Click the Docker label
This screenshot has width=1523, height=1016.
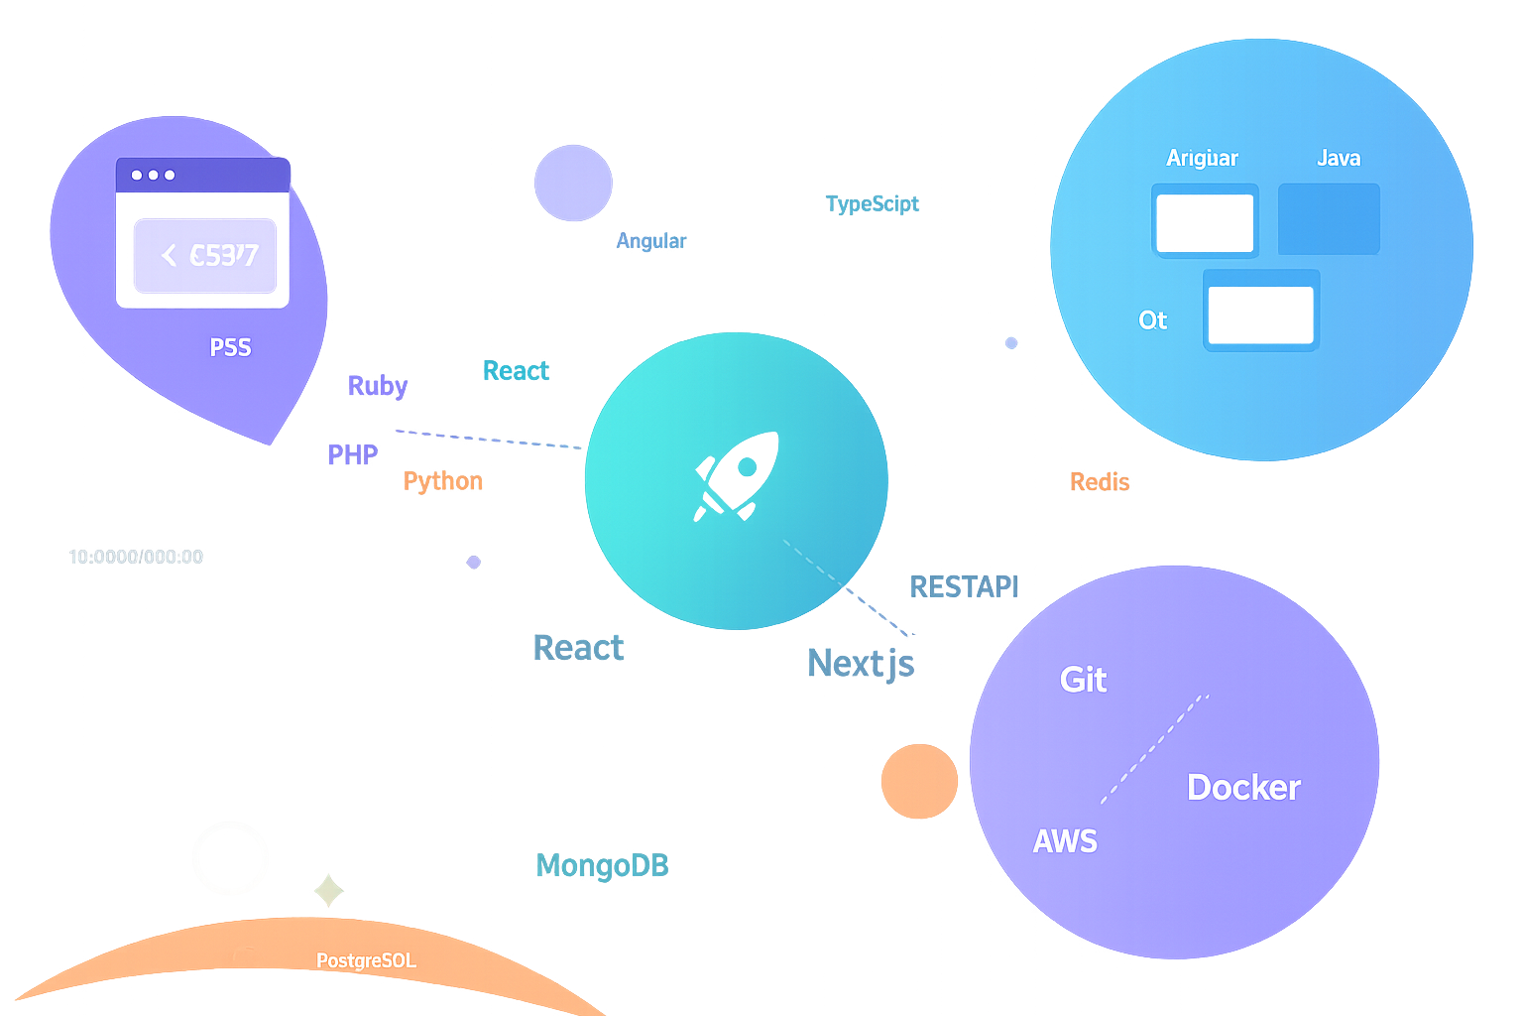point(1243,787)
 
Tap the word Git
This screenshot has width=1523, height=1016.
point(1083,680)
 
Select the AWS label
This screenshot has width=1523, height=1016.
point(1065,841)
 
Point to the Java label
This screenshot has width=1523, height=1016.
point(1339,158)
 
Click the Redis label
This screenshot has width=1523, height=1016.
point(1100,482)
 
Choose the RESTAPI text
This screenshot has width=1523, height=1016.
point(964,586)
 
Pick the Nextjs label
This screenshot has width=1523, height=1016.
point(861,663)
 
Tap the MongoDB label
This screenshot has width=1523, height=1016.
point(602,865)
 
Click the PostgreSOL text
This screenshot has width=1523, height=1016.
point(366,960)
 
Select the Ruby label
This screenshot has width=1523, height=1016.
point(378,385)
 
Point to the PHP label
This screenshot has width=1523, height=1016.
point(353,454)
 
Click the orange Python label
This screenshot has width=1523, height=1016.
point(443,481)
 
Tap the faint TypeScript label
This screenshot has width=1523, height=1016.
point(874,203)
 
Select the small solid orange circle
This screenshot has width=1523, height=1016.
point(919,781)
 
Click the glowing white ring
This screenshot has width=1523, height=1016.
point(230,858)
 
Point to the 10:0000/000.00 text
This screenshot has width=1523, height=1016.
point(136,557)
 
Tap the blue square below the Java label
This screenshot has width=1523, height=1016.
point(1329,219)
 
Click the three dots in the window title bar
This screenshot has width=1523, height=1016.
point(153,175)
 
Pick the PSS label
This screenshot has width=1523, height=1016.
point(230,347)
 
